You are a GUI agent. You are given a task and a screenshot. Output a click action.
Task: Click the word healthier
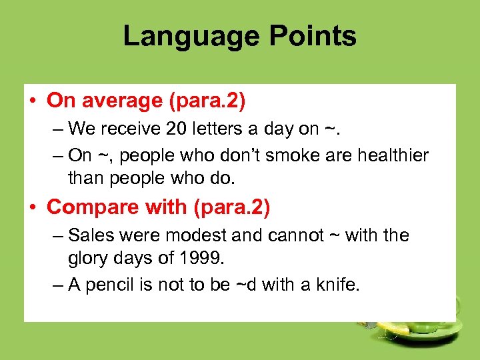point(394,155)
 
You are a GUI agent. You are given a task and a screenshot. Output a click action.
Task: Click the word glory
point(88,259)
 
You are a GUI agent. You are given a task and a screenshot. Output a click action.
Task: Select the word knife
point(336,286)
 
